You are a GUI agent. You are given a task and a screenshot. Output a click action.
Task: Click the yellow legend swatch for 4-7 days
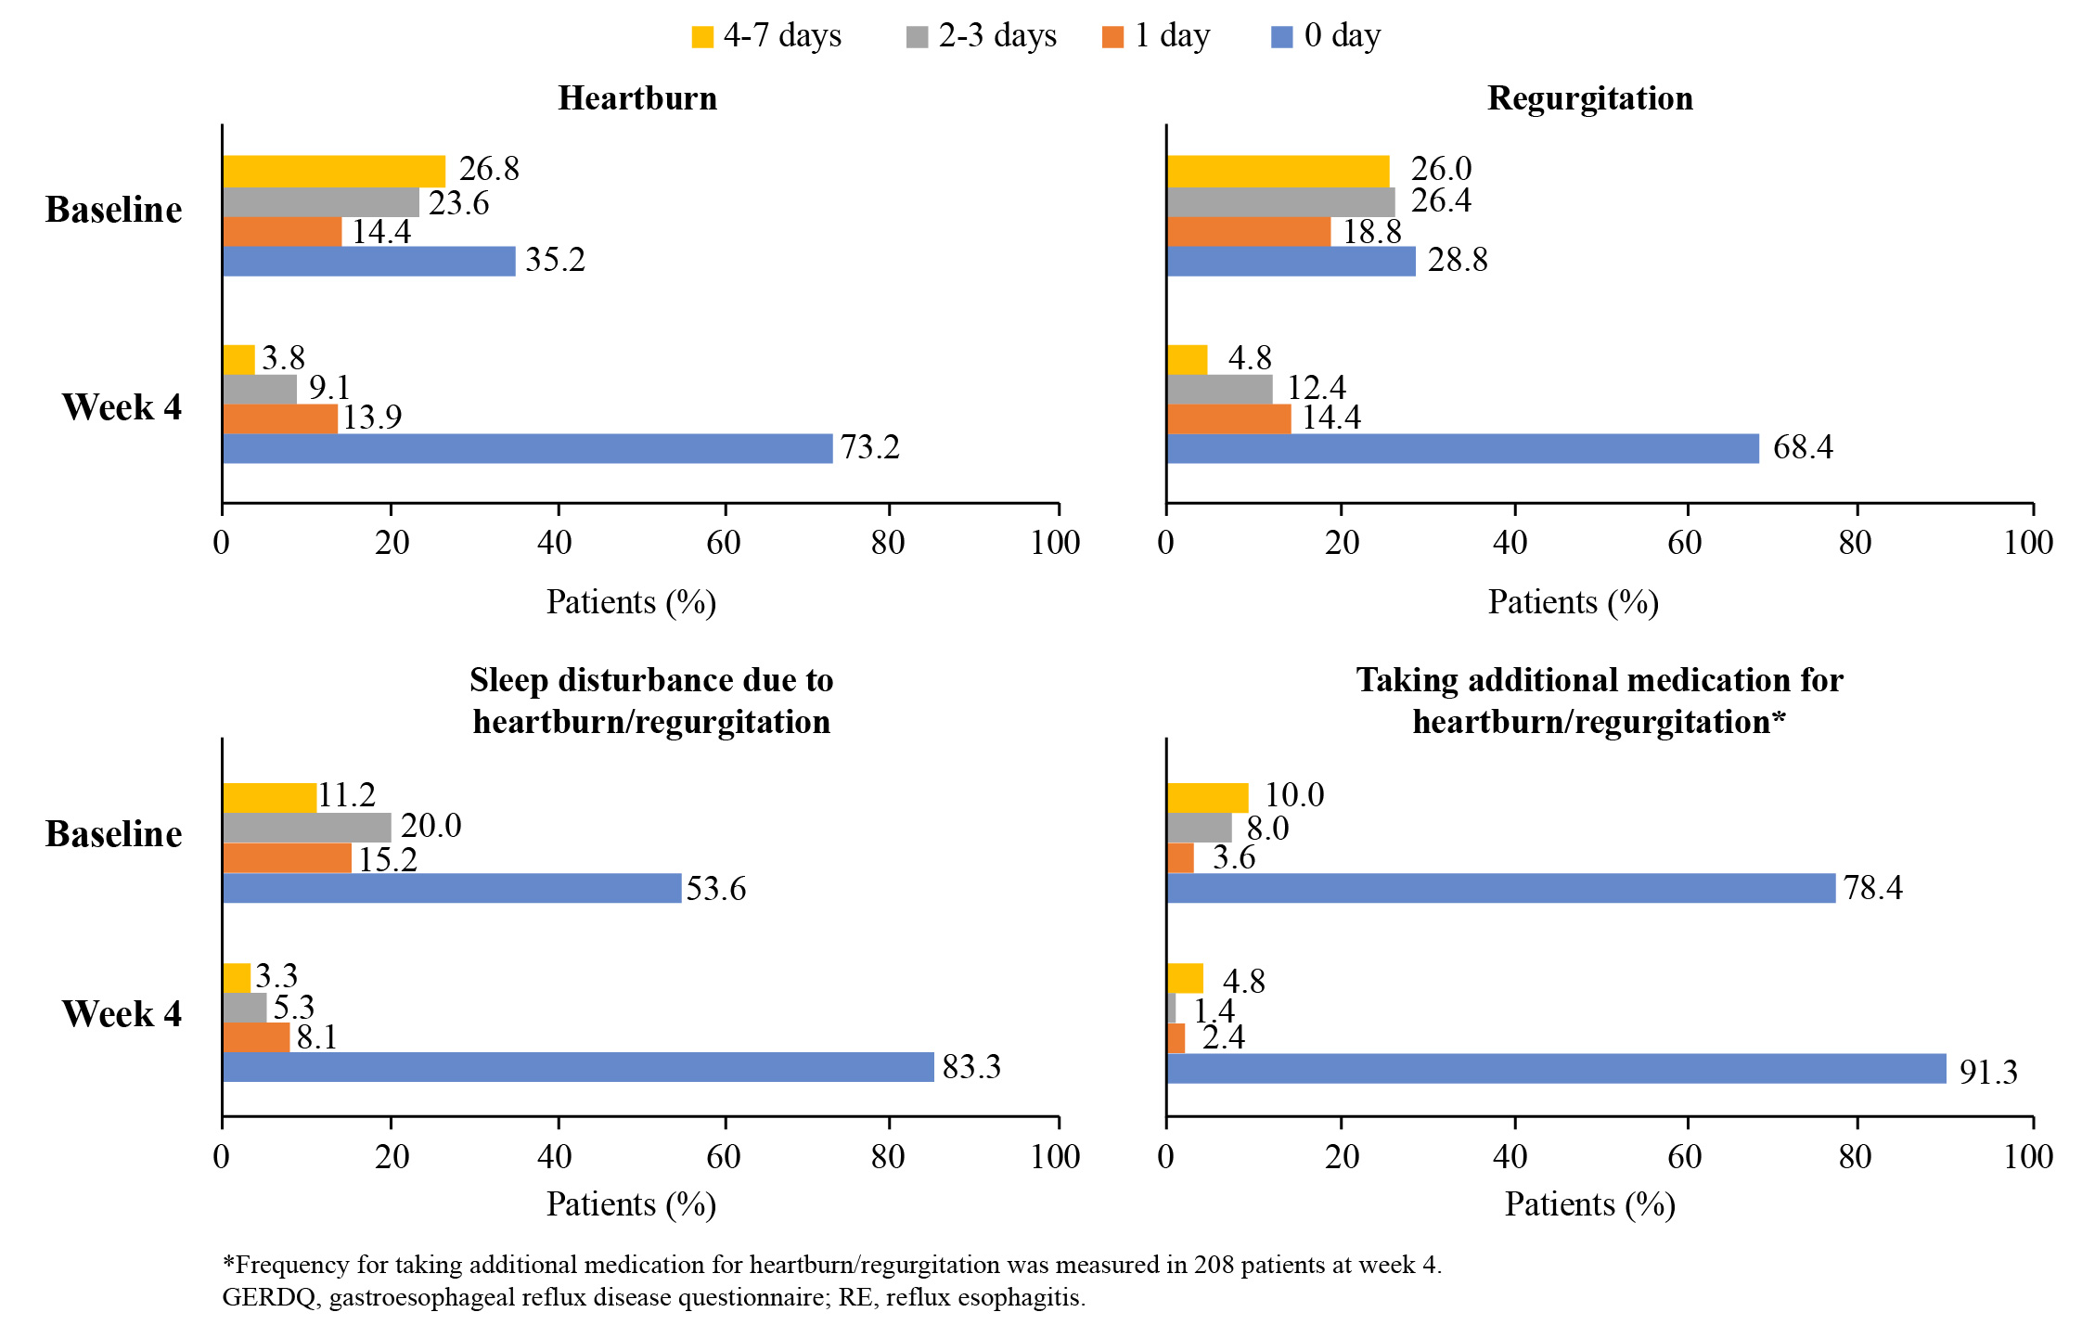coord(702,37)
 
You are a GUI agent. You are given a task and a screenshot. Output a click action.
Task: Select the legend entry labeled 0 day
coord(1326,36)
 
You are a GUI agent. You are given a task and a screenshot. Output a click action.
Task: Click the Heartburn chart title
coord(637,98)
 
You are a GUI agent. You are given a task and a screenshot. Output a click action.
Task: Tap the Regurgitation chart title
coord(1590,98)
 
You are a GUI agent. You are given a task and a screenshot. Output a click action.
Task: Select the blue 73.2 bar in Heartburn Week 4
coord(528,448)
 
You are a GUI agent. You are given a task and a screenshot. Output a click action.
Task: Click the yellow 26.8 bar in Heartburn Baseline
coord(334,171)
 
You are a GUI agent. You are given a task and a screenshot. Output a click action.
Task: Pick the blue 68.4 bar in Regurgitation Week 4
coord(1463,448)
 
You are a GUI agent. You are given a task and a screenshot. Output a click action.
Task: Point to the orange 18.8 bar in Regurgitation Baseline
coord(1249,231)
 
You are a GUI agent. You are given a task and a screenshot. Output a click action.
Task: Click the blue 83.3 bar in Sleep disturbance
coord(579,1067)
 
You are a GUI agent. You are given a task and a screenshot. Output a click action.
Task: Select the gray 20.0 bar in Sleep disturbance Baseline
coord(307,828)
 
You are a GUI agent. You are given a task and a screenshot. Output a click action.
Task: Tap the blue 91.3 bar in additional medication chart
coord(1557,1068)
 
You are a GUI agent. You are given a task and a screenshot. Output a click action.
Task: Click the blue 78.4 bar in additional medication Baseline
coord(1501,888)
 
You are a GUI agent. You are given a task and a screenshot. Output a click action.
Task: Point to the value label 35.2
coord(555,260)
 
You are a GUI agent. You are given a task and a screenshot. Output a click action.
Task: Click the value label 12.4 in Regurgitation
coord(1316,387)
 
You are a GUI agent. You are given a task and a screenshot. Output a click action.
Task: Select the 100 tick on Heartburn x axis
coord(1056,543)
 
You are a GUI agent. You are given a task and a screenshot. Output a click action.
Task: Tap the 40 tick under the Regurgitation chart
coord(1510,543)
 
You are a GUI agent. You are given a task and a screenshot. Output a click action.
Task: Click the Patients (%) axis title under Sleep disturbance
coord(631,1204)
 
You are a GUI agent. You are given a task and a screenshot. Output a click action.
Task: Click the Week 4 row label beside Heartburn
coord(122,407)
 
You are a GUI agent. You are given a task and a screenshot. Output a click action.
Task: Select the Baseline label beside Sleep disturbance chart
coord(113,834)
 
